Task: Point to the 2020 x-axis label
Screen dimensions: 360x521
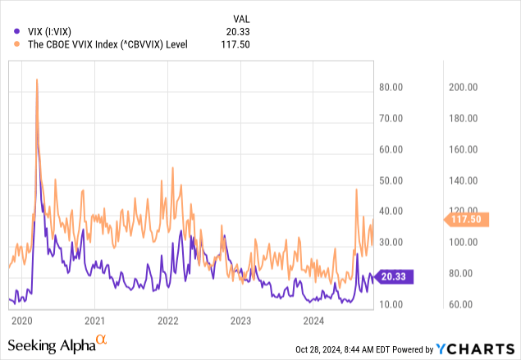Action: [22, 320]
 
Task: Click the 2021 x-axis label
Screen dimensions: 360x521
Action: [95, 320]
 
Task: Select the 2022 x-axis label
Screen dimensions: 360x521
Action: [167, 320]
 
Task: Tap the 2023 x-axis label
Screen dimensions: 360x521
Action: [240, 320]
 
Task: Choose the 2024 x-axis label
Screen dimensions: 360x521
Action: [313, 320]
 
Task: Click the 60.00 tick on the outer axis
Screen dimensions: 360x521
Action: [462, 304]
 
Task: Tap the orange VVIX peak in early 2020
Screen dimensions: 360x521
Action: [37, 80]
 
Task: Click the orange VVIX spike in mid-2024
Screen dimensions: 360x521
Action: [356, 189]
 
